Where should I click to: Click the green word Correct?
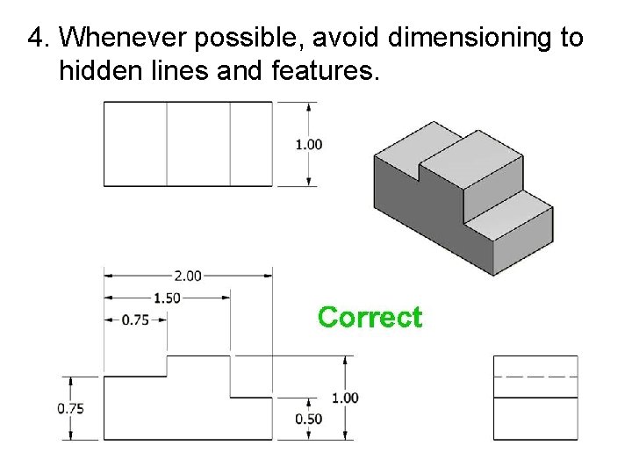(x=370, y=317)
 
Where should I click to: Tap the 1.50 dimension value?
(x=167, y=298)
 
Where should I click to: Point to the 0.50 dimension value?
(x=309, y=419)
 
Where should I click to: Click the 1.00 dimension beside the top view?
(x=309, y=144)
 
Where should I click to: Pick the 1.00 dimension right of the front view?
(x=345, y=398)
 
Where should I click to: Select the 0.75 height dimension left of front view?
(x=71, y=408)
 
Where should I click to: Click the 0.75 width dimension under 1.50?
(x=135, y=320)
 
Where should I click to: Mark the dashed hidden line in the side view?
(x=535, y=376)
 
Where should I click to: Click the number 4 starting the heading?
(x=35, y=38)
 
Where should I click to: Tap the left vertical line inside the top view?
(x=167, y=144)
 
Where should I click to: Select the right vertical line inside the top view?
(x=230, y=144)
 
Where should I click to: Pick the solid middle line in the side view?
(x=535, y=398)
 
